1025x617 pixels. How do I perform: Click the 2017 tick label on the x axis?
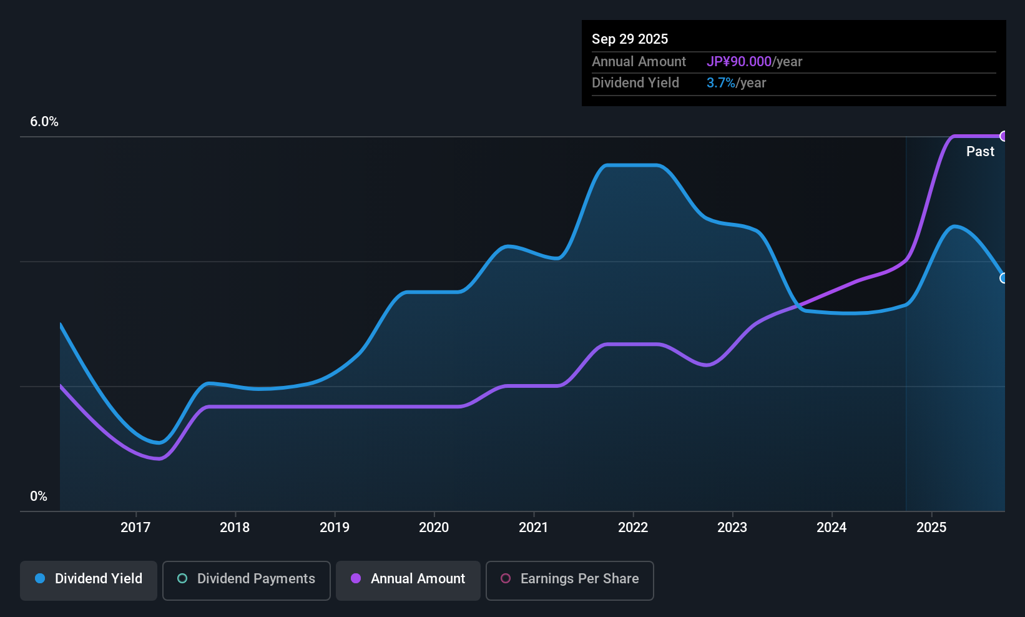point(135,527)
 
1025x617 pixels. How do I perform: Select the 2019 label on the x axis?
point(335,527)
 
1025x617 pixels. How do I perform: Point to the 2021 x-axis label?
point(533,527)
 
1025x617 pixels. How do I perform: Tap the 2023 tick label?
point(732,527)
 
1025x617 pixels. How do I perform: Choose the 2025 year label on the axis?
point(931,527)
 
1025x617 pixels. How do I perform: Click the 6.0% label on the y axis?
point(44,122)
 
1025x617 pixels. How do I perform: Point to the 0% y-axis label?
point(39,496)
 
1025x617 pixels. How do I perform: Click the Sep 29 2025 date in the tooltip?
point(629,39)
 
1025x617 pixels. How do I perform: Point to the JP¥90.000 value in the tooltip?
point(739,62)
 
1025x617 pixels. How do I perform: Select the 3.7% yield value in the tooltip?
point(720,83)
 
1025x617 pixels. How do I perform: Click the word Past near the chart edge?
point(980,152)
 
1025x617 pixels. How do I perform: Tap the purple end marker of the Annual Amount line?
point(1004,136)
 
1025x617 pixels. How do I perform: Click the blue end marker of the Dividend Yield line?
point(1004,278)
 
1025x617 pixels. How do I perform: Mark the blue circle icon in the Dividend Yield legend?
point(40,579)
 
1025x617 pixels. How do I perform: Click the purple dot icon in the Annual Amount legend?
point(356,579)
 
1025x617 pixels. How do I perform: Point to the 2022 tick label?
point(633,527)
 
